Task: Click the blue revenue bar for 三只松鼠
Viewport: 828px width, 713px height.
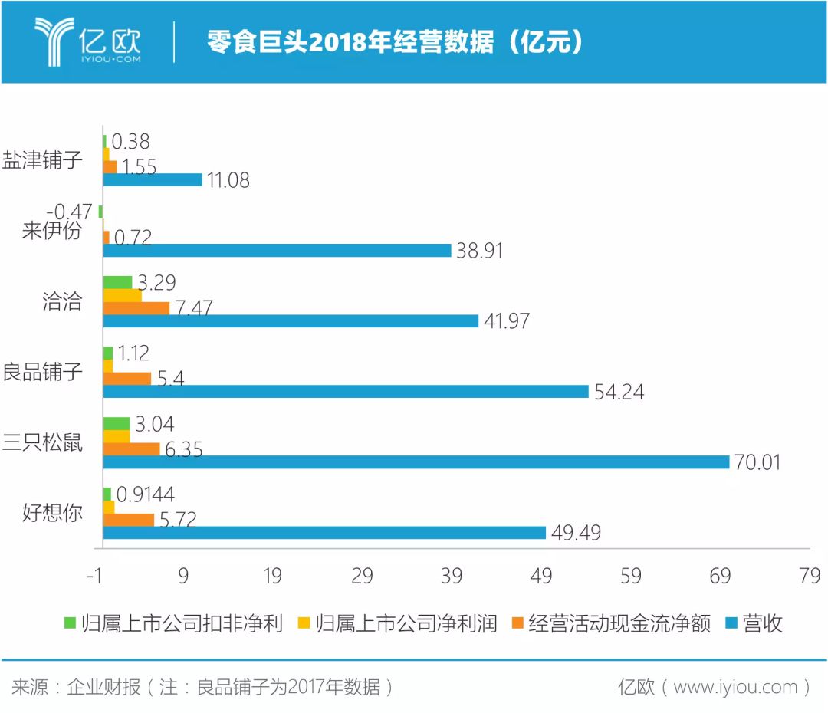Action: (x=416, y=462)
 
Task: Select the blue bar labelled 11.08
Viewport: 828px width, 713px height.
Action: (x=153, y=179)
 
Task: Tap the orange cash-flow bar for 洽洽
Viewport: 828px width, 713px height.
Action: (x=136, y=308)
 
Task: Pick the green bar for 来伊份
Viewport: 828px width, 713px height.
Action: (x=100, y=212)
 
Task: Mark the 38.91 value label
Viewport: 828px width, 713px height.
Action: (x=479, y=251)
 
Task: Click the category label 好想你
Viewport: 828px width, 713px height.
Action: (x=51, y=513)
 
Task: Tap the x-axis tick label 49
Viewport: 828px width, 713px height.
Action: (x=541, y=577)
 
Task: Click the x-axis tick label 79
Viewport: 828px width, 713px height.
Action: (x=810, y=577)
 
